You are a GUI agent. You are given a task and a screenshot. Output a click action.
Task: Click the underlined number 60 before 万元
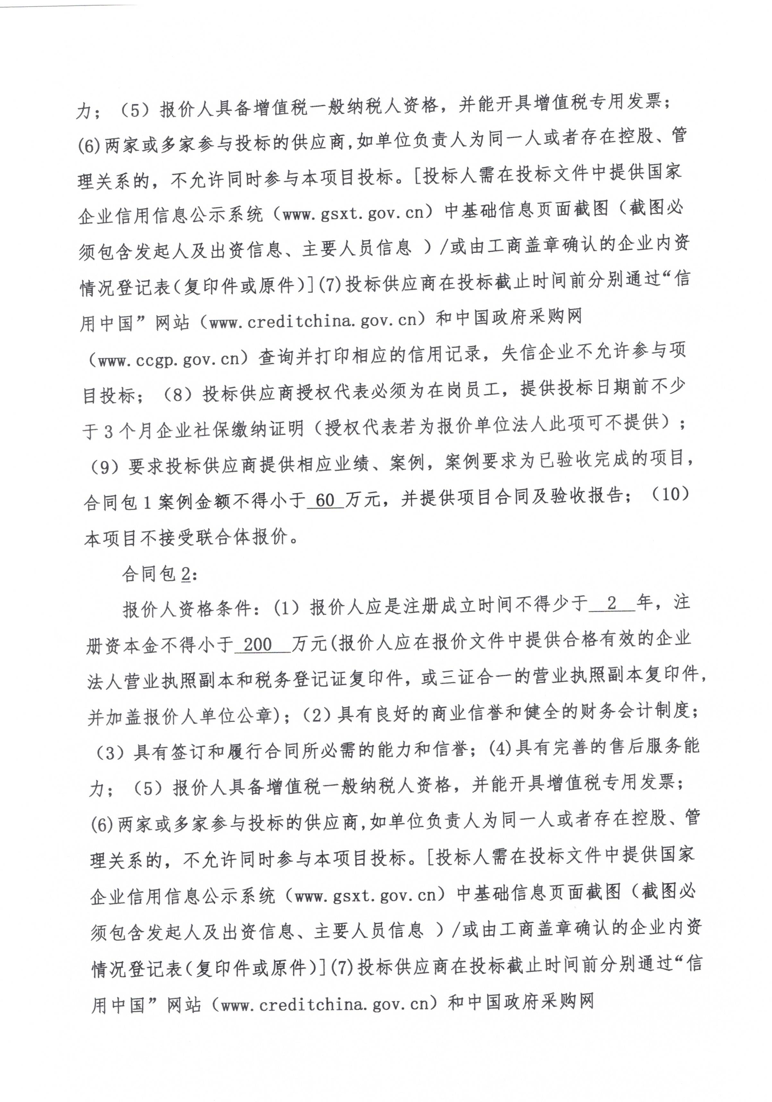tap(325, 500)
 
